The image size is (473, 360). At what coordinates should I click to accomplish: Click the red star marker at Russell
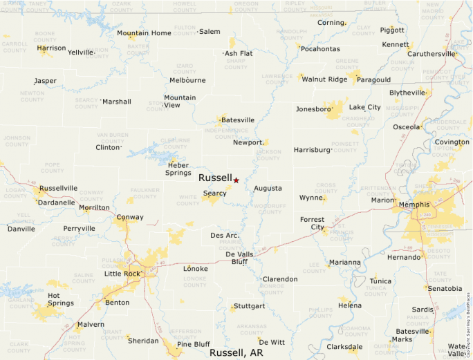[236, 180]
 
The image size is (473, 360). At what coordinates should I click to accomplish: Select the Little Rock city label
[122, 274]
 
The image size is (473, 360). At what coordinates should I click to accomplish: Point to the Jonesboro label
[313, 109]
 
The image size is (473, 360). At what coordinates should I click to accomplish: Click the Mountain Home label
[143, 33]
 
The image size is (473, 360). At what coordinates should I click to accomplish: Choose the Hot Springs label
[60, 299]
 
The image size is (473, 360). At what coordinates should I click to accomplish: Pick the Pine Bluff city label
[193, 344]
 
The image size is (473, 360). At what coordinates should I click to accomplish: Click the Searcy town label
[214, 193]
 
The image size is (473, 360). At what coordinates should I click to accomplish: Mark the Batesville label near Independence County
[237, 120]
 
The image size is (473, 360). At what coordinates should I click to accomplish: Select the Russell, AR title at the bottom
[236, 353]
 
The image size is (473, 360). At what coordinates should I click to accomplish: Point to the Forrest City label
[312, 223]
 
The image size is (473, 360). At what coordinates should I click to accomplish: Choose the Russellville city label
[58, 188]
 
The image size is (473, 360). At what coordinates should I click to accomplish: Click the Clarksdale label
[344, 347]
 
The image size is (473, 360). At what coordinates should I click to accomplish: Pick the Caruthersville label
[432, 54]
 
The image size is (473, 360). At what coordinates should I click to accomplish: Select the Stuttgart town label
[249, 306]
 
